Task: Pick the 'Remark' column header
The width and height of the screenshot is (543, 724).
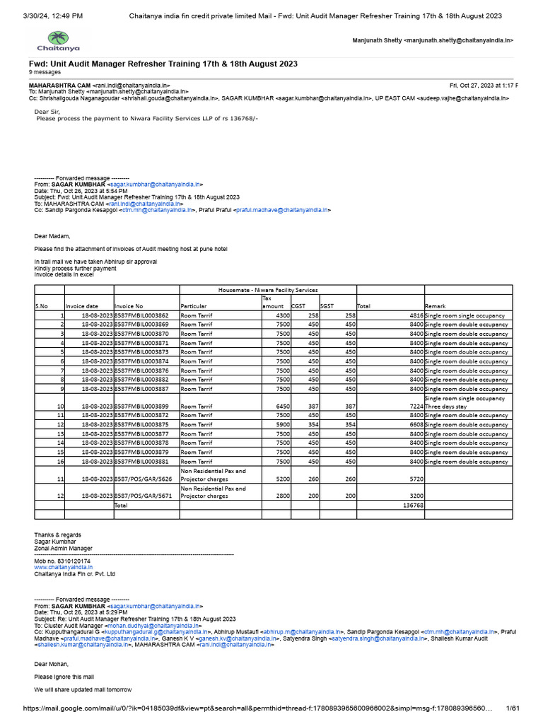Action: coord(435,306)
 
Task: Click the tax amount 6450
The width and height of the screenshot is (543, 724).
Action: coord(279,407)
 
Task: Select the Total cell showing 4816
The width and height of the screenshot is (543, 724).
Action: coord(414,315)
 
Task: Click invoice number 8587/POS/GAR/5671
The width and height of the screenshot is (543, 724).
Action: coord(143,496)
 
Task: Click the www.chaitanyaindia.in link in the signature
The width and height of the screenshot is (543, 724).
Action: coord(64,567)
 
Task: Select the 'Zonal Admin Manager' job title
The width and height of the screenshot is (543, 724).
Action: coord(63,548)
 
